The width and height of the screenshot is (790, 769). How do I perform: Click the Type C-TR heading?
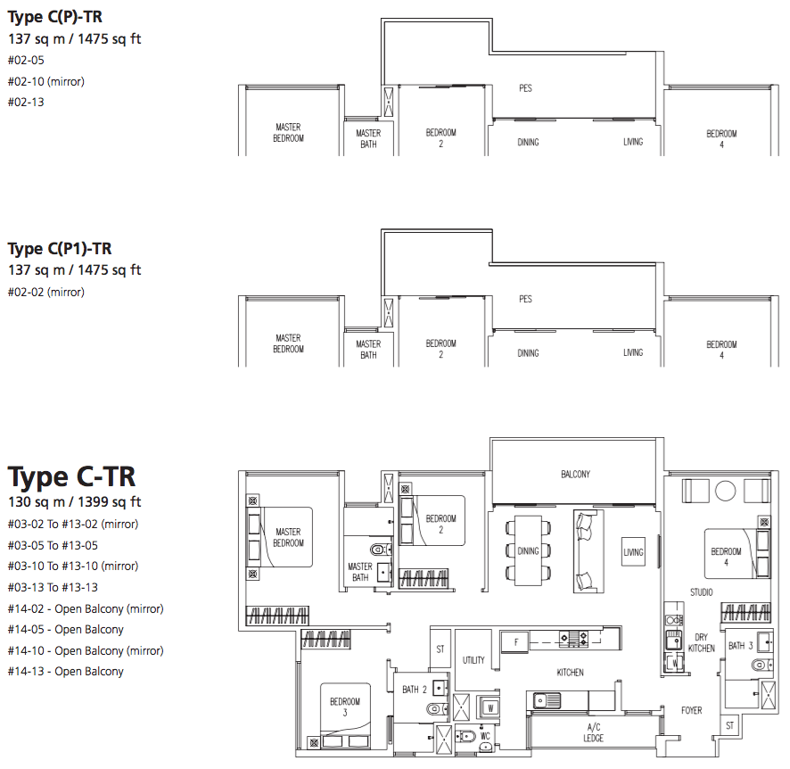tap(71, 476)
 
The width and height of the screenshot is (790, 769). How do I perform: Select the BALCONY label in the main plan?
tap(575, 475)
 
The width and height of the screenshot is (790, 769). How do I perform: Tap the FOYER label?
tap(691, 710)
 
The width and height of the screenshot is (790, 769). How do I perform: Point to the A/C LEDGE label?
tap(594, 732)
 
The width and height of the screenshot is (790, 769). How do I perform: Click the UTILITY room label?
tap(473, 660)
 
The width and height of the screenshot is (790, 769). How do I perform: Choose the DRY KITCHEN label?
tap(702, 642)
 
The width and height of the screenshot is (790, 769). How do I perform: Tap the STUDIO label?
tap(702, 592)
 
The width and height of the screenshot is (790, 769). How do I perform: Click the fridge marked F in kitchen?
tap(516, 642)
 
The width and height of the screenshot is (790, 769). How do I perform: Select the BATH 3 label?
tap(741, 646)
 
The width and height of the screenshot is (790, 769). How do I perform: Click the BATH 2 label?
tap(415, 690)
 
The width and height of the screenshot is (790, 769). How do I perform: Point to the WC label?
tap(485, 736)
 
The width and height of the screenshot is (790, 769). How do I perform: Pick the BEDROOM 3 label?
tap(345, 707)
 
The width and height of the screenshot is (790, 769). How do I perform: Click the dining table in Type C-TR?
tap(528, 550)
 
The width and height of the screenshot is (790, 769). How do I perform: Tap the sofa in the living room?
tap(588, 551)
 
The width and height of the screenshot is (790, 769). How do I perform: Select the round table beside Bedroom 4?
tap(726, 491)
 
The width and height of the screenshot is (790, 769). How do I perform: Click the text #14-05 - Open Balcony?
tap(65, 630)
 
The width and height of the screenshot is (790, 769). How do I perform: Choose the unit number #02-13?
tap(26, 103)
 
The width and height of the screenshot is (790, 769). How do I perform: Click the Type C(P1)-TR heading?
tap(60, 248)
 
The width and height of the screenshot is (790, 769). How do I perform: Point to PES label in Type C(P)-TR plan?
tap(525, 88)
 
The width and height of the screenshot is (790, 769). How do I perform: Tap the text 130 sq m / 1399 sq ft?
tap(75, 502)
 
